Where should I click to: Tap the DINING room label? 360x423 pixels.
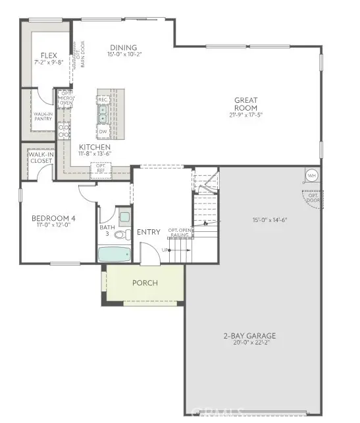tap(124, 48)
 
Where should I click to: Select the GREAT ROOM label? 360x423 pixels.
tap(245, 104)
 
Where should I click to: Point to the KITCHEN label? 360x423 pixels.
tap(95, 147)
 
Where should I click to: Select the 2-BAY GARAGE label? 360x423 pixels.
tap(249, 336)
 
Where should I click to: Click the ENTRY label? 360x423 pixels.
tap(148, 232)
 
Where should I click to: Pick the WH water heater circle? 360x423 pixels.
tap(311, 176)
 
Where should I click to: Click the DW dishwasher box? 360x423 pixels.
tap(103, 131)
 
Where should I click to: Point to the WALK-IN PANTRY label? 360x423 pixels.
tap(43, 116)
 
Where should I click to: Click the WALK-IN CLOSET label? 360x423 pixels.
tap(40, 157)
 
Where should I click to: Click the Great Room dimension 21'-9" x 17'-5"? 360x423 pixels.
tap(245, 115)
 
